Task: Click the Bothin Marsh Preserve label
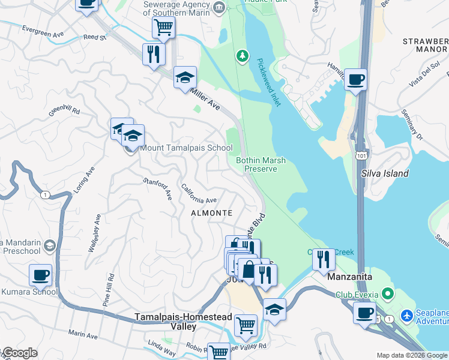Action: click(261, 164)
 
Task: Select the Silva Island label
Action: click(385, 173)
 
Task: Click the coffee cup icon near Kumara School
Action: click(40, 275)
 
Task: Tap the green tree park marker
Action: click(242, 56)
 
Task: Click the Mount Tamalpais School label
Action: click(186, 148)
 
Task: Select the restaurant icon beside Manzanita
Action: click(324, 259)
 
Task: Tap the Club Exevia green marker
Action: click(388, 294)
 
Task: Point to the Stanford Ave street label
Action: click(157, 189)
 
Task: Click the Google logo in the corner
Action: click(20, 353)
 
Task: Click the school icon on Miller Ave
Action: click(185, 77)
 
